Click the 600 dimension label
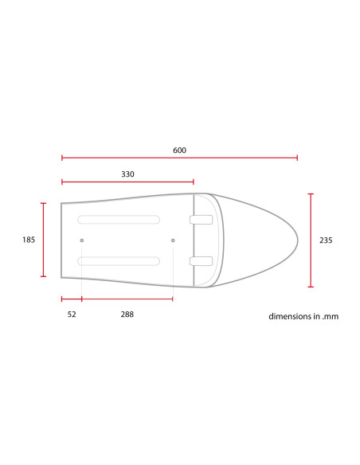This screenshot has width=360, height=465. click(x=179, y=150)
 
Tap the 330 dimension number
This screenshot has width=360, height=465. click(x=127, y=174)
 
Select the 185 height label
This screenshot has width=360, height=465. click(x=29, y=240)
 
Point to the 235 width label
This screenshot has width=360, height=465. click(x=326, y=240)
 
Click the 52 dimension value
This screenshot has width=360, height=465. click(x=72, y=315)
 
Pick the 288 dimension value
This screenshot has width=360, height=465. click(x=127, y=315)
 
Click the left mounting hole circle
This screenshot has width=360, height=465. click(x=82, y=240)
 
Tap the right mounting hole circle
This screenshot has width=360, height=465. click(x=173, y=240)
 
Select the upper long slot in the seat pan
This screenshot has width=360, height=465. click(x=119, y=220)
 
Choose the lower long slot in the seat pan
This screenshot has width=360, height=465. click(x=119, y=261)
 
